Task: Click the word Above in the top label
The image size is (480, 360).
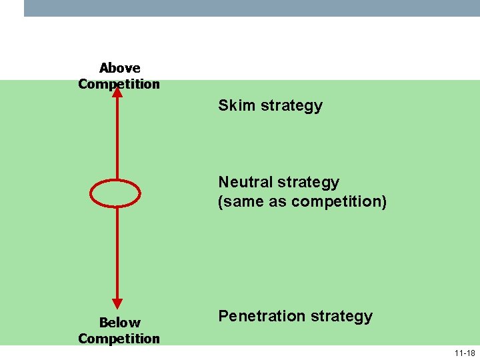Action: (x=119, y=68)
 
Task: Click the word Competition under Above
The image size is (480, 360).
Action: (x=119, y=84)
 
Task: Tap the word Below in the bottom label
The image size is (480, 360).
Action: (x=119, y=323)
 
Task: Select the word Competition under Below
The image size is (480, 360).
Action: (x=119, y=339)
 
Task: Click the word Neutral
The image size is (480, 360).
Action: (x=245, y=182)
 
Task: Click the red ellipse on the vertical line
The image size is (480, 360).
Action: (x=115, y=193)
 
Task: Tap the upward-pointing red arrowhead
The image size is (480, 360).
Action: (x=117, y=92)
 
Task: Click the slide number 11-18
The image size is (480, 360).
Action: (x=465, y=353)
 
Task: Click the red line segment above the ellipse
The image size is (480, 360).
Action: (x=117, y=140)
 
